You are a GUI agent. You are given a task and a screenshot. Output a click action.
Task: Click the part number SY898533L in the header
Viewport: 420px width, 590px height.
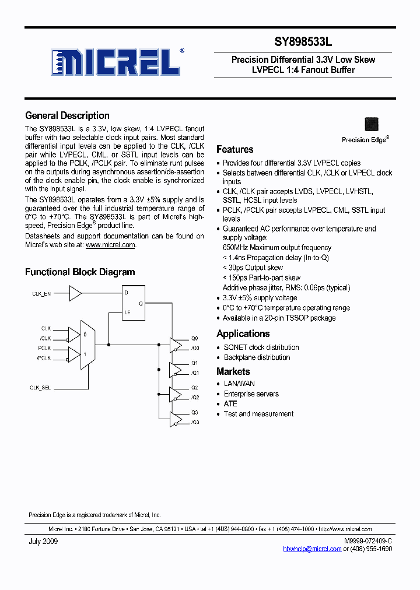(303, 42)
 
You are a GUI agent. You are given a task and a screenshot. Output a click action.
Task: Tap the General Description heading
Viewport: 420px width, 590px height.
(67, 115)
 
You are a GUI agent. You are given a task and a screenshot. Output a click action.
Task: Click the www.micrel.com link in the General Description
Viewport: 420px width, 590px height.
(110, 245)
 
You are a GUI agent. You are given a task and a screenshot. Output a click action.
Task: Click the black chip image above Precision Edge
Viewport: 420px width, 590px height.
(370, 124)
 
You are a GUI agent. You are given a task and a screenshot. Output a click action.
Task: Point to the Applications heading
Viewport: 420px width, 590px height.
(243, 333)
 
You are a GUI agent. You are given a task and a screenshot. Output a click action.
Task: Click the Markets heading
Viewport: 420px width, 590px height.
(233, 371)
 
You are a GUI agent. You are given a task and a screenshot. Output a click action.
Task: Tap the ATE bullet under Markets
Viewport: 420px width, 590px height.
(230, 403)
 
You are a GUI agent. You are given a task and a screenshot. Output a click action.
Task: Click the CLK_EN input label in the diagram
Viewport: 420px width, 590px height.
(41, 294)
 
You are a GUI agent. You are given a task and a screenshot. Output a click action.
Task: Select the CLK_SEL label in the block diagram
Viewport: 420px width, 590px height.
(40, 387)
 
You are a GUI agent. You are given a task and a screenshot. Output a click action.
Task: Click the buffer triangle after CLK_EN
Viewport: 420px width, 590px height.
(75, 294)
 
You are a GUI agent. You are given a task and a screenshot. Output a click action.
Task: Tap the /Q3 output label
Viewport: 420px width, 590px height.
(195, 422)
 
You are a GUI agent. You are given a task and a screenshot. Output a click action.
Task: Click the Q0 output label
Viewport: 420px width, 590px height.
(195, 338)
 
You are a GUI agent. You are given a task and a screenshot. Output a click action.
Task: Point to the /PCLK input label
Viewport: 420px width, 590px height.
(44, 357)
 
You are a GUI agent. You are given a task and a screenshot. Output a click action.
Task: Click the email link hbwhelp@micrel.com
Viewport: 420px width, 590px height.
(312, 549)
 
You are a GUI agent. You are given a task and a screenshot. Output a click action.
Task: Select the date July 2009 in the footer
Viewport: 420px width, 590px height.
(43, 541)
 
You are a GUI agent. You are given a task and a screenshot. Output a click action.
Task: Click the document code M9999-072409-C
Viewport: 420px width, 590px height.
(368, 541)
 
